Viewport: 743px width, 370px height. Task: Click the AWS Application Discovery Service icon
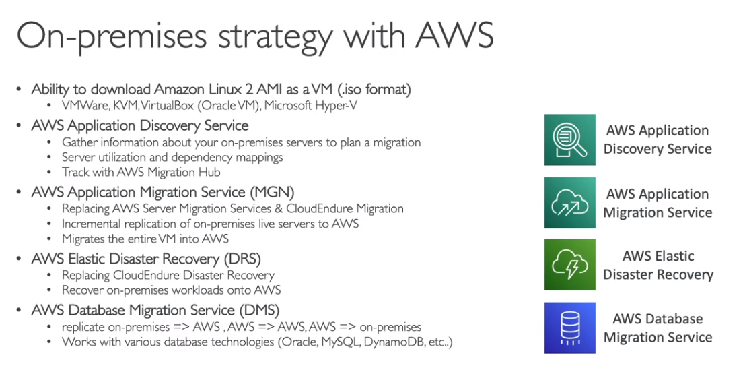pyautogui.click(x=569, y=140)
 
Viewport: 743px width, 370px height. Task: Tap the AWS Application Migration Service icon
pyautogui.click(x=569, y=203)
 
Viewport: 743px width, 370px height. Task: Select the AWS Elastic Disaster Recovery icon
pyautogui.click(x=569, y=265)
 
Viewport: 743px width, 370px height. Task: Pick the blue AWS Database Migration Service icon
pyautogui.click(x=569, y=328)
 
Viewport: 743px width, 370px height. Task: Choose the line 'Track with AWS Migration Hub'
pyautogui.click(x=141, y=172)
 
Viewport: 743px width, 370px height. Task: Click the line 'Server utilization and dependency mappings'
pyautogui.click(x=172, y=157)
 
